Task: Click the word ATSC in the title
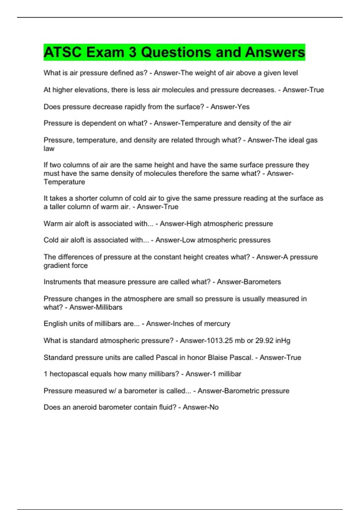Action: (x=62, y=52)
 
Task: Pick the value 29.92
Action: (x=264, y=340)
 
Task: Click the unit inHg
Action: (x=283, y=341)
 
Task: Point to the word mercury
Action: (x=217, y=324)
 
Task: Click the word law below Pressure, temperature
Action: (x=49, y=148)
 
